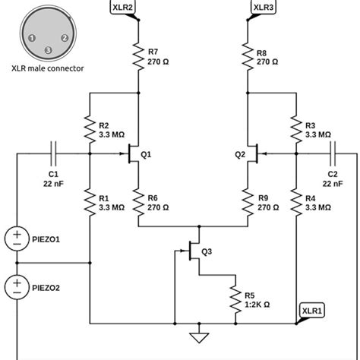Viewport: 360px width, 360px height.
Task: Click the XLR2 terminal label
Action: pos(124,8)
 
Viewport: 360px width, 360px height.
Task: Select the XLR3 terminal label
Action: pos(263,8)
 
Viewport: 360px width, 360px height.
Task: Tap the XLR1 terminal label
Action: pos(312,311)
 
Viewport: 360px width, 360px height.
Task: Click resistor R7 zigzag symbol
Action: pos(137,55)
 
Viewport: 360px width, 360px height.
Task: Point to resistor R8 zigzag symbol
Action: pos(248,55)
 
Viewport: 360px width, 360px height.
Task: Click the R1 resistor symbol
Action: pos(90,201)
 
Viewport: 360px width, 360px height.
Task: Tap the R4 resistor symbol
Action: pos(294,201)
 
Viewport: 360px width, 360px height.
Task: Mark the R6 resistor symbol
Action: pos(137,201)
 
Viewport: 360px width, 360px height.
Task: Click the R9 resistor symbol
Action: pos(248,201)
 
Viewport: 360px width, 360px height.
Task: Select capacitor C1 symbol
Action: pos(53,153)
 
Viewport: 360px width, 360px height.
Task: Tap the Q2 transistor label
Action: pos(240,154)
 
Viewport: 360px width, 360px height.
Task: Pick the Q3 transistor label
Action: pos(207,252)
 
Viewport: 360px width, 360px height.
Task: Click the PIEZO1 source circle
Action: pos(16,238)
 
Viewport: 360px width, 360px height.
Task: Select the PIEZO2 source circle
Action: pos(16,287)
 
